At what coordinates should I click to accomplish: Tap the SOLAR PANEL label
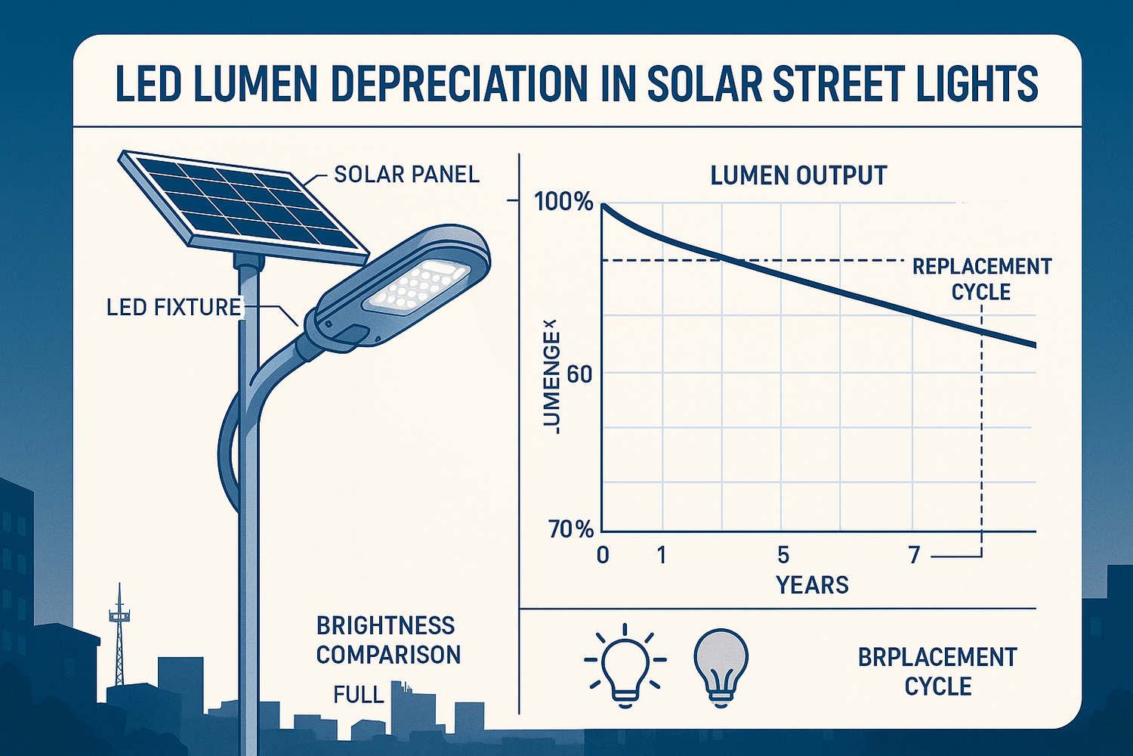[406, 175]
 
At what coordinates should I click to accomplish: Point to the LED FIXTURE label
[174, 307]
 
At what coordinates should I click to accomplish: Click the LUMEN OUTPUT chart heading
[798, 175]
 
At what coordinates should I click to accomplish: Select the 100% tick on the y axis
[563, 202]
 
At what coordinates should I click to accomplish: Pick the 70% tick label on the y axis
[571, 529]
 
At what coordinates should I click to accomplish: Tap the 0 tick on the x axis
[603, 556]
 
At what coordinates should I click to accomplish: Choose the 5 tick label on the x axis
[783, 556]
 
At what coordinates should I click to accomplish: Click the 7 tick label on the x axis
[914, 556]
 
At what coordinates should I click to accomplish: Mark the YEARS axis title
[813, 585]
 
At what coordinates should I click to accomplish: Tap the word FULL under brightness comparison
[359, 694]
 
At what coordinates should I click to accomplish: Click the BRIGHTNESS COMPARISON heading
[388, 640]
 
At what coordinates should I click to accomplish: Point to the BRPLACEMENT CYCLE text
[937, 671]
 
